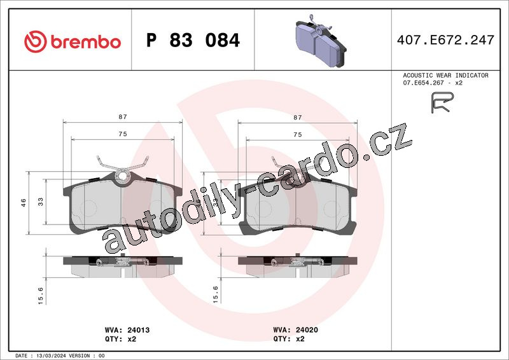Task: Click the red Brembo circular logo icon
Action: (x=36, y=41)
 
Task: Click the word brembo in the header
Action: (x=86, y=42)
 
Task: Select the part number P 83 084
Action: (x=193, y=40)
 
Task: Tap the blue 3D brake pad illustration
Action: (x=321, y=41)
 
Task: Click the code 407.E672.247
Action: (x=445, y=40)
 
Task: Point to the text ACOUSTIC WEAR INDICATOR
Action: (x=446, y=75)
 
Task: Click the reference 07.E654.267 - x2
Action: (x=433, y=83)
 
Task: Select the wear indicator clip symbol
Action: (x=442, y=102)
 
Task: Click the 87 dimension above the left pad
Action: (x=123, y=117)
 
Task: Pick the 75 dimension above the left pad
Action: (x=123, y=134)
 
